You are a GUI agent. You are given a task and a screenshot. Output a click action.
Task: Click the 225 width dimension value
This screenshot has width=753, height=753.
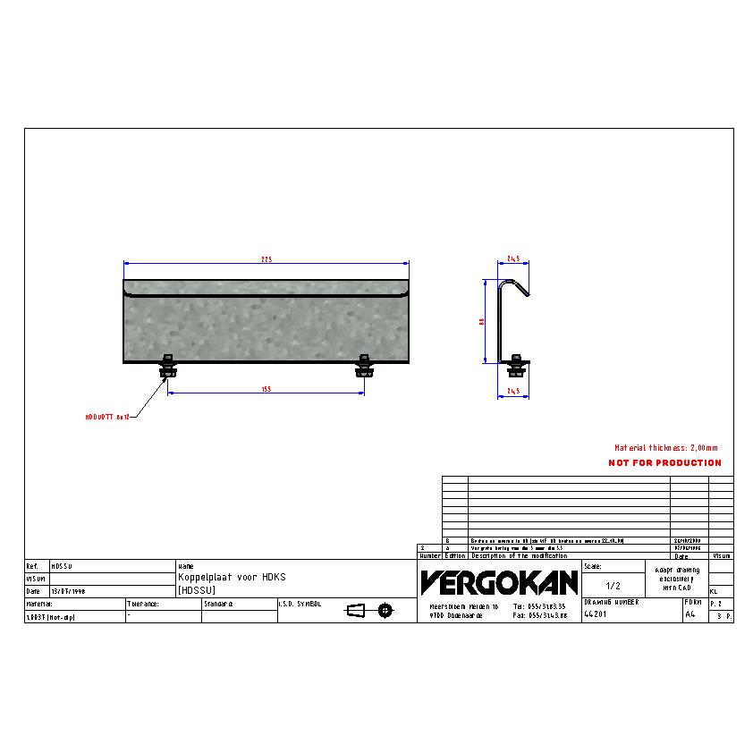click(266, 259)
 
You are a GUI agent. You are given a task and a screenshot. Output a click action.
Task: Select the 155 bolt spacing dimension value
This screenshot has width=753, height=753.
click(266, 389)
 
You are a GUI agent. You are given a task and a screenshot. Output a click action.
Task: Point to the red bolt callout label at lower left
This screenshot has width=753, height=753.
click(108, 417)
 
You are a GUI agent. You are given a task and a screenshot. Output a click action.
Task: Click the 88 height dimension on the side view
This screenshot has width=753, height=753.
click(482, 321)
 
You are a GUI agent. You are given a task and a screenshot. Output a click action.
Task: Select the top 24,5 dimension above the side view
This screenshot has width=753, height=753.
click(513, 258)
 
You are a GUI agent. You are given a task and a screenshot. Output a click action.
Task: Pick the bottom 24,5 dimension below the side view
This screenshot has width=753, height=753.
click(513, 391)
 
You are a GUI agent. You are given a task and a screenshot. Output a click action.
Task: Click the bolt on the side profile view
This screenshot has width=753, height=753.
click(516, 365)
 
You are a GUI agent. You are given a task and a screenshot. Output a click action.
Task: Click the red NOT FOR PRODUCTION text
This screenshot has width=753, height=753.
click(664, 463)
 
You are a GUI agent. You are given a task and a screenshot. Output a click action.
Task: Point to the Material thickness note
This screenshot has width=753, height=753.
click(665, 448)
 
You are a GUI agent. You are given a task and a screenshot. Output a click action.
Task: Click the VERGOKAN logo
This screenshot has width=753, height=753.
click(499, 583)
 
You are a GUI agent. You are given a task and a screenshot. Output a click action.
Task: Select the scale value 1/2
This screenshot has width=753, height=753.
click(613, 586)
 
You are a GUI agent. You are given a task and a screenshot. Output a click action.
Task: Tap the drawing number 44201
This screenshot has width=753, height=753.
click(596, 615)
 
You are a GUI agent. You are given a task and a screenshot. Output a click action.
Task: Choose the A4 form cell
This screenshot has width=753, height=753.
click(690, 615)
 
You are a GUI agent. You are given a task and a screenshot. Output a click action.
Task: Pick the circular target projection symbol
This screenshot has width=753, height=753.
click(385, 611)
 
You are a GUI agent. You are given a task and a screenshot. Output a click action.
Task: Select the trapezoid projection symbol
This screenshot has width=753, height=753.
click(356, 611)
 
